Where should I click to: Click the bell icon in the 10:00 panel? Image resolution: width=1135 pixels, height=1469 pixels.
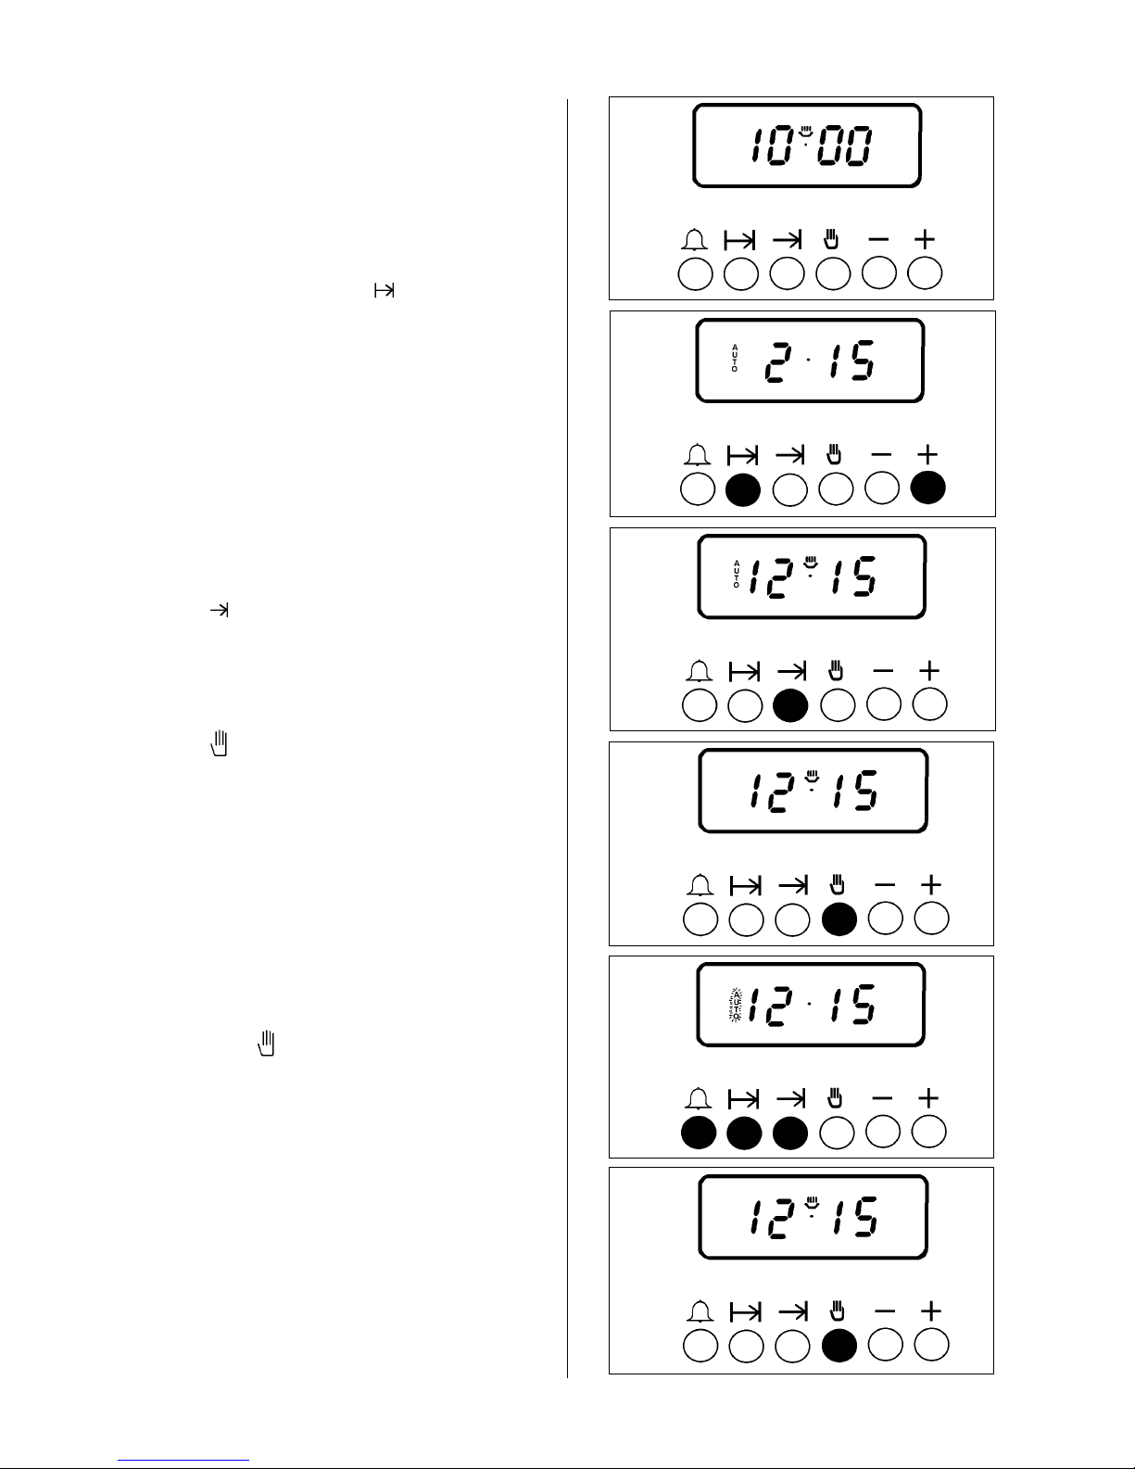tap(694, 241)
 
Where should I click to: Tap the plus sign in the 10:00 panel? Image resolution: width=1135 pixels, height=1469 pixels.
tap(924, 240)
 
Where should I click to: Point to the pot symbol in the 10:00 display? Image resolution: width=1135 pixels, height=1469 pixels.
tap(806, 131)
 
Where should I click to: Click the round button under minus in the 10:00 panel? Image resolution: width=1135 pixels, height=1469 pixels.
tap(879, 273)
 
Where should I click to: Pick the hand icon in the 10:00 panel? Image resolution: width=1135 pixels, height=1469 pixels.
tap(831, 240)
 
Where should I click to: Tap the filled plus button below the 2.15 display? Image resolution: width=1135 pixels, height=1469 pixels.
tap(927, 488)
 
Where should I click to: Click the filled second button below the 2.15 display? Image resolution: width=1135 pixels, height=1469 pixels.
tap(743, 489)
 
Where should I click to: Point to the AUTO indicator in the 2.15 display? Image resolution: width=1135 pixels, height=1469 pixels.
tap(735, 359)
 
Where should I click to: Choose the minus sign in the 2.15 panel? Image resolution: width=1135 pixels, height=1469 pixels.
tap(881, 455)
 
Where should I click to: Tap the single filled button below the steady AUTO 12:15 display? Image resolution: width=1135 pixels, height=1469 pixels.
tap(790, 704)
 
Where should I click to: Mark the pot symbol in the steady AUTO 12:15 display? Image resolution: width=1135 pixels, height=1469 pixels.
tap(811, 563)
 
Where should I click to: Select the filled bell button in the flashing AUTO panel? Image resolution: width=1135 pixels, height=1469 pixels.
tap(699, 1132)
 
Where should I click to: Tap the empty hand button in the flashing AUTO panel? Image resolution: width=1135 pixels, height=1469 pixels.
tap(837, 1132)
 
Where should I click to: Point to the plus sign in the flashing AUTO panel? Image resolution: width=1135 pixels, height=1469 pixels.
tap(928, 1097)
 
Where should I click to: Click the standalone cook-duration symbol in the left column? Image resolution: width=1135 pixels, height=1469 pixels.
tap(384, 291)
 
